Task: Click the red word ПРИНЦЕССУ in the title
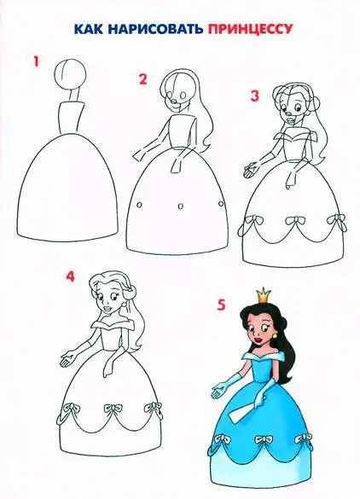(250, 28)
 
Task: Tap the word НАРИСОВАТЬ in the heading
(155, 28)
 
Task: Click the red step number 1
(37, 61)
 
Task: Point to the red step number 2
(143, 79)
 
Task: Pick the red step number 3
(254, 96)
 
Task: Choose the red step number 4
(70, 276)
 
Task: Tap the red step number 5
(221, 305)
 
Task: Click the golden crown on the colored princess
(264, 295)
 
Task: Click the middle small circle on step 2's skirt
(181, 206)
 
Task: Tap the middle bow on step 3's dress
(295, 221)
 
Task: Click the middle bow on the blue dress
(264, 440)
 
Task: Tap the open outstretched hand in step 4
(67, 359)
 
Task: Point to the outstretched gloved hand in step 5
(218, 390)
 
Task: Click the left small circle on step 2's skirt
(139, 205)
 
